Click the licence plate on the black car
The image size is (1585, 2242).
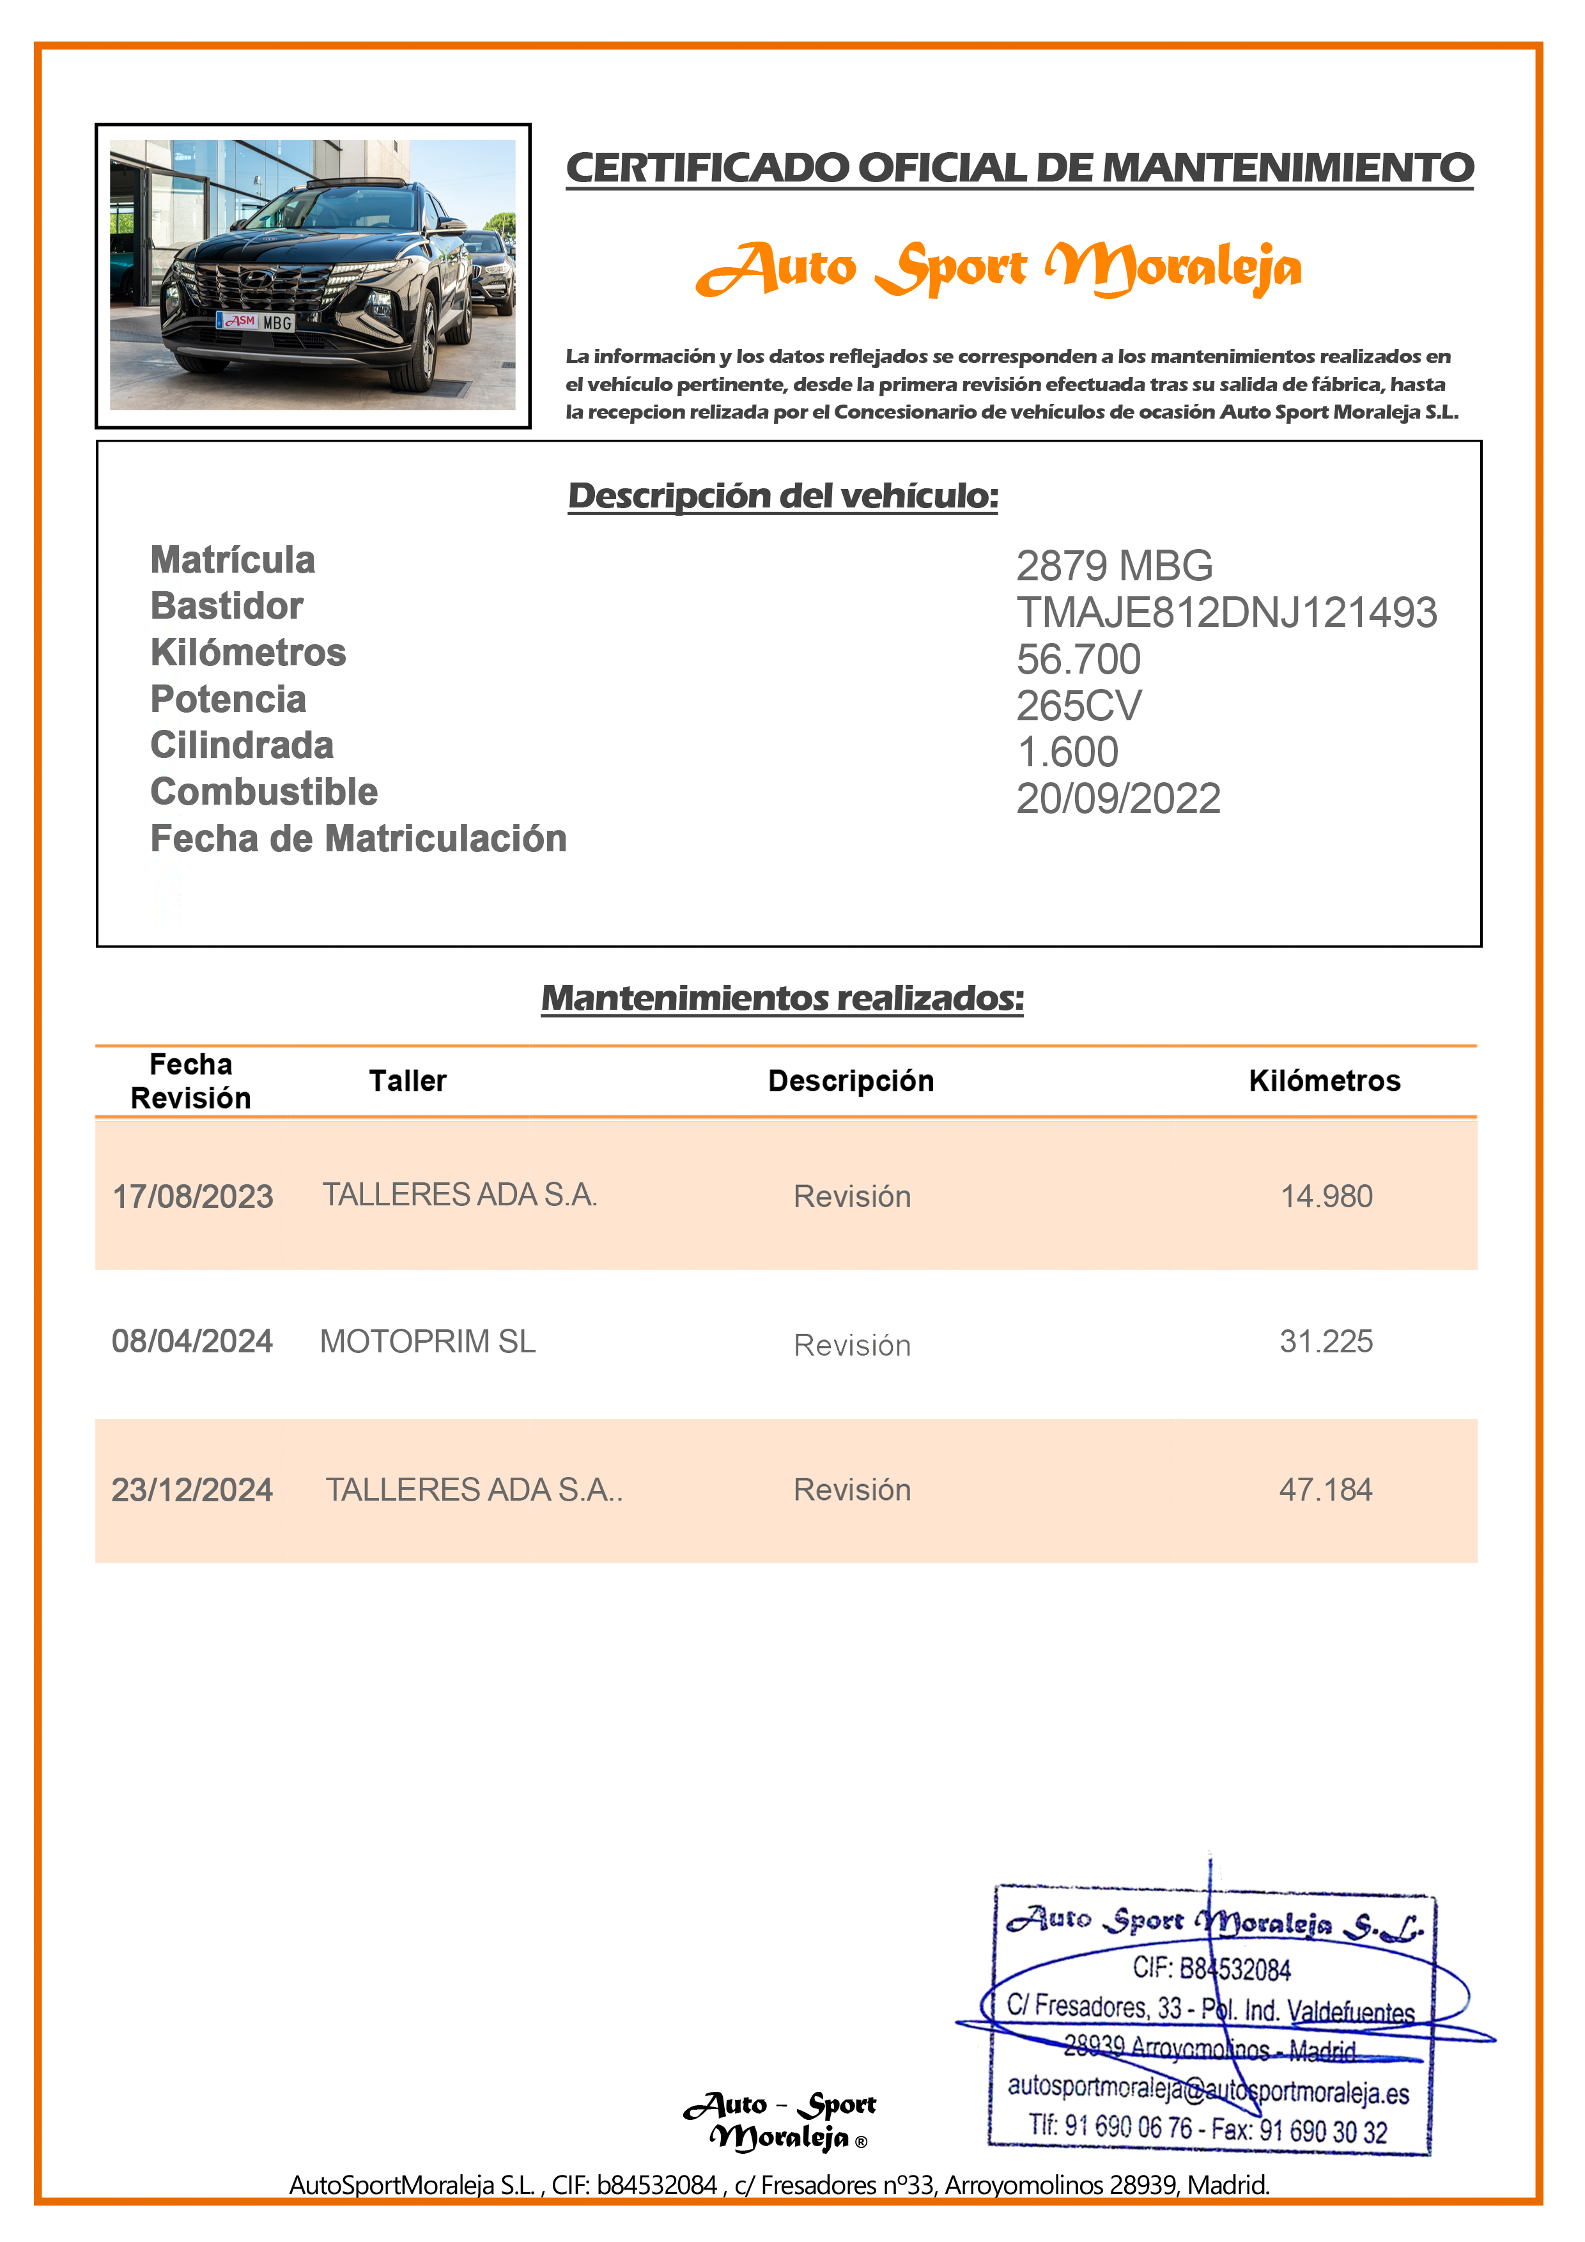click(x=256, y=321)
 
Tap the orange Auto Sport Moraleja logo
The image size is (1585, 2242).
click(x=998, y=268)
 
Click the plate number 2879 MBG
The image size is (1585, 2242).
click(x=1114, y=566)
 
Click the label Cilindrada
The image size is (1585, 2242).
click(x=242, y=745)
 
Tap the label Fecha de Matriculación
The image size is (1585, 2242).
click(x=359, y=839)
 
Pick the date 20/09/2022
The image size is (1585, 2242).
click(x=1118, y=799)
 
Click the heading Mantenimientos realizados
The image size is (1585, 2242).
click(x=782, y=998)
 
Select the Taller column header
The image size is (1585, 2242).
click(x=407, y=1081)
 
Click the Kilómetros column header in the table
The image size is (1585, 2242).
click(x=1324, y=1081)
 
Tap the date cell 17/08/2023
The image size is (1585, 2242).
click(x=192, y=1197)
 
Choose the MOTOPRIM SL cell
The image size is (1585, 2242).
click(x=428, y=1341)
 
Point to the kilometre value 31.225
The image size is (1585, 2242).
click(x=1326, y=1341)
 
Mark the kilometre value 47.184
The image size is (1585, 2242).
click(x=1326, y=1490)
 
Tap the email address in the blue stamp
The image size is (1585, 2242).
click(x=1208, y=2090)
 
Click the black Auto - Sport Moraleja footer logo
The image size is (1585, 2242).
click(x=779, y=2121)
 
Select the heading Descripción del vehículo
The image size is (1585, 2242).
click(x=783, y=496)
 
